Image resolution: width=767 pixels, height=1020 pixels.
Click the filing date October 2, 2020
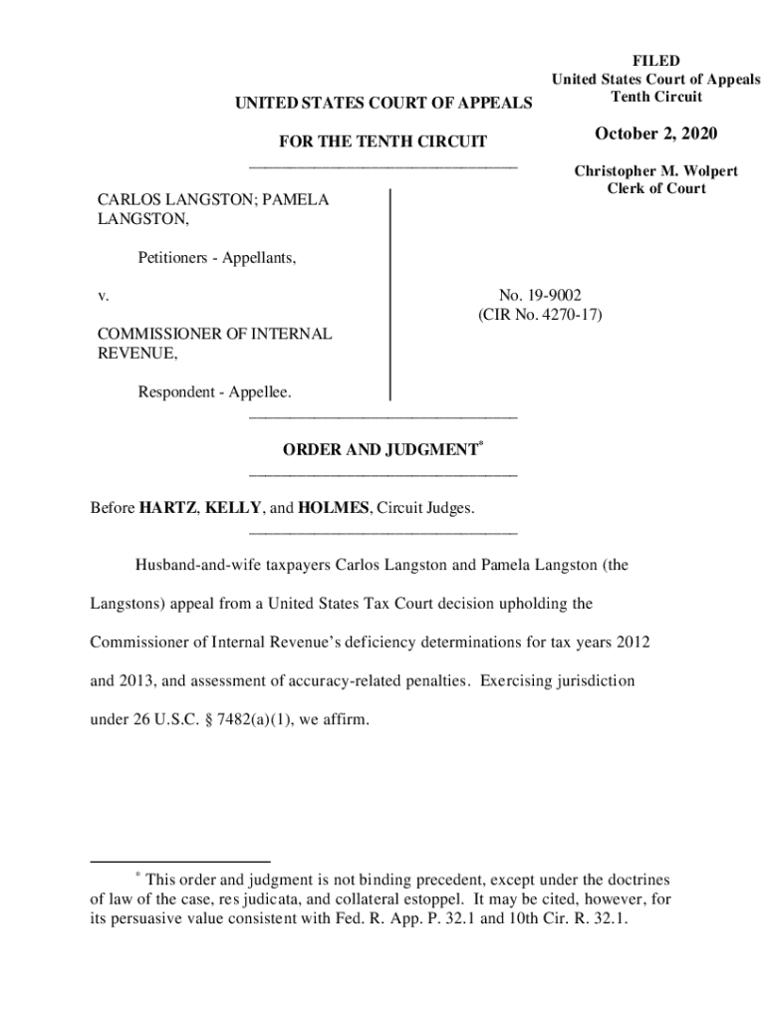point(655,134)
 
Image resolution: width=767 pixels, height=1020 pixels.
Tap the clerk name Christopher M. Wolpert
point(655,171)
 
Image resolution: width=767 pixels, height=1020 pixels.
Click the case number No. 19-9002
point(540,295)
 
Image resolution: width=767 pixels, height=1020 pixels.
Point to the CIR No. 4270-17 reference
point(540,315)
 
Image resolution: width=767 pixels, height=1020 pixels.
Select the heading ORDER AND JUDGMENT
point(380,450)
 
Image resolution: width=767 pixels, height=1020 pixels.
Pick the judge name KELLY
point(233,508)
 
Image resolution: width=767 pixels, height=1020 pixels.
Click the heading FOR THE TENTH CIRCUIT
point(382,142)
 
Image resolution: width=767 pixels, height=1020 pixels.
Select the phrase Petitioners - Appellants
point(216,258)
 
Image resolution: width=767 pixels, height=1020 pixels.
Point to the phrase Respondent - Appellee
point(214,392)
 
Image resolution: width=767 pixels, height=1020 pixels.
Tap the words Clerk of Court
point(655,189)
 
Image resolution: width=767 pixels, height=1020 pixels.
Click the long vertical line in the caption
point(389,295)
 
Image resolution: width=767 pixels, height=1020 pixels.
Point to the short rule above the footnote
point(179,862)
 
